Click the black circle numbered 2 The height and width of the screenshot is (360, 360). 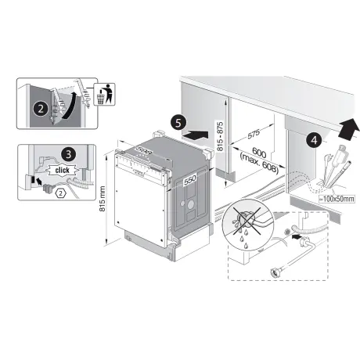41,109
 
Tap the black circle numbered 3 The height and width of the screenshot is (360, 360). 68,154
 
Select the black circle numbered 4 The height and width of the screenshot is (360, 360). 315,140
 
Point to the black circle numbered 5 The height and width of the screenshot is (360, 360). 178,123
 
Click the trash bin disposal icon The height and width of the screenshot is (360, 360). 105,94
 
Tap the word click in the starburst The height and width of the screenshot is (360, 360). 63,171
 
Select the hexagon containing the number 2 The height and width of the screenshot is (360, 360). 60,193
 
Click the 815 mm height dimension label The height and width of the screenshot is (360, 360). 103,199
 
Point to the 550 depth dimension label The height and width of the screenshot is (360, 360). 190,180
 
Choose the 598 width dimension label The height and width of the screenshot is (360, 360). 143,151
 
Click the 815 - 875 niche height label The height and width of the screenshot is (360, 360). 220,136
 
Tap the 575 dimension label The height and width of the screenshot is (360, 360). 254,134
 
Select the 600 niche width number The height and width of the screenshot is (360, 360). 259,153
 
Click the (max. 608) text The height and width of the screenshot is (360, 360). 258,164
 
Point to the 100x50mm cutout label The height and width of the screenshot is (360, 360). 337,199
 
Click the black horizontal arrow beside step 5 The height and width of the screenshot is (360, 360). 196,135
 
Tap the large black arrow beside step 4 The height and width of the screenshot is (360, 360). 347,129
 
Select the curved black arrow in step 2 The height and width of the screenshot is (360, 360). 69,106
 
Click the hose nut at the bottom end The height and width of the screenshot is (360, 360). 275,272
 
